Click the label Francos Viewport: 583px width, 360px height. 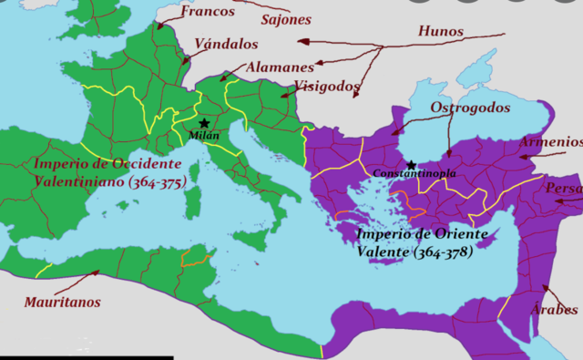tap(209, 12)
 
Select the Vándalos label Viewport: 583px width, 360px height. tap(227, 44)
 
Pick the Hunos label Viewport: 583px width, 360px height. tap(440, 31)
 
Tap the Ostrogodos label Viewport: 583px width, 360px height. tap(469, 107)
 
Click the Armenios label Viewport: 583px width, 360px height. tap(550, 141)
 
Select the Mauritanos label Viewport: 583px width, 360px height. tap(63, 302)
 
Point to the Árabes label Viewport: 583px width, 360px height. tap(554, 308)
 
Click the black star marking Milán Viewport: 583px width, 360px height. tap(204, 123)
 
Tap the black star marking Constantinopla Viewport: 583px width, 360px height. tap(411, 165)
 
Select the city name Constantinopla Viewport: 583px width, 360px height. tap(414, 173)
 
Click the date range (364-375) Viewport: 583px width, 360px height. tap(156, 182)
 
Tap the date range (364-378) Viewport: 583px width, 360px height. tap(444, 251)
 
